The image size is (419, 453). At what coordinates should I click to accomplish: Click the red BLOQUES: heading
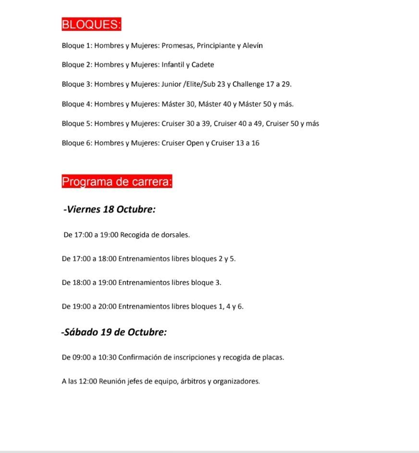pyautogui.click(x=91, y=25)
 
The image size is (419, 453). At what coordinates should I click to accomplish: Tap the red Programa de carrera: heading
pyautogui.click(x=117, y=182)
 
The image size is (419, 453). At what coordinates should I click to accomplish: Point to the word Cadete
pyautogui.click(x=203, y=65)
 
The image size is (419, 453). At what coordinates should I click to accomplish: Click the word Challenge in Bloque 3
pyautogui.click(x=248, y=84)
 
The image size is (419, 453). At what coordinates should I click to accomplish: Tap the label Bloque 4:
pyautogui.click(x=76, y=104)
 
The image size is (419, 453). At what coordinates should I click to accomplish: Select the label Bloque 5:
pyautogui.click(x=76, y=124)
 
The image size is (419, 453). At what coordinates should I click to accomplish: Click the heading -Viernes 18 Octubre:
pyautogui.click(x=110, y=210)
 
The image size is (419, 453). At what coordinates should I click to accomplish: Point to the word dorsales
pyautogui.click(x=176, y=235)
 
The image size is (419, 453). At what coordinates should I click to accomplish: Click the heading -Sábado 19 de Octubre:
pyautogui.click(x=114, y=332)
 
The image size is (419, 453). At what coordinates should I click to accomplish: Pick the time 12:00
pyautogui.click(x=89, y=382)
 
